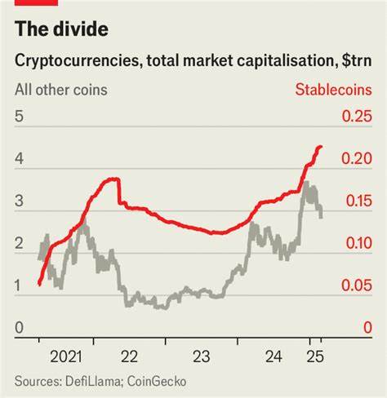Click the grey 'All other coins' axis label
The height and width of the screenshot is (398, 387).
60,89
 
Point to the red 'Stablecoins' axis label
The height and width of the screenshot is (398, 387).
333,89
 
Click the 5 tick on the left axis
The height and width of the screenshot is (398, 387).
18,117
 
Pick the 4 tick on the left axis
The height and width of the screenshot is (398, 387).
18,159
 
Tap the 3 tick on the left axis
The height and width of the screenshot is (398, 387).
18,201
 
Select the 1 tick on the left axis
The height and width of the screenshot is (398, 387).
18,285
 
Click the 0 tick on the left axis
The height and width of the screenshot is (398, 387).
18,328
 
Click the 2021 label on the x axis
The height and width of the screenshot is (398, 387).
65,356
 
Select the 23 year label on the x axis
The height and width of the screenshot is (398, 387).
202,356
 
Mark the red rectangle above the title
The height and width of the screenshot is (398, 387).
29,3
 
